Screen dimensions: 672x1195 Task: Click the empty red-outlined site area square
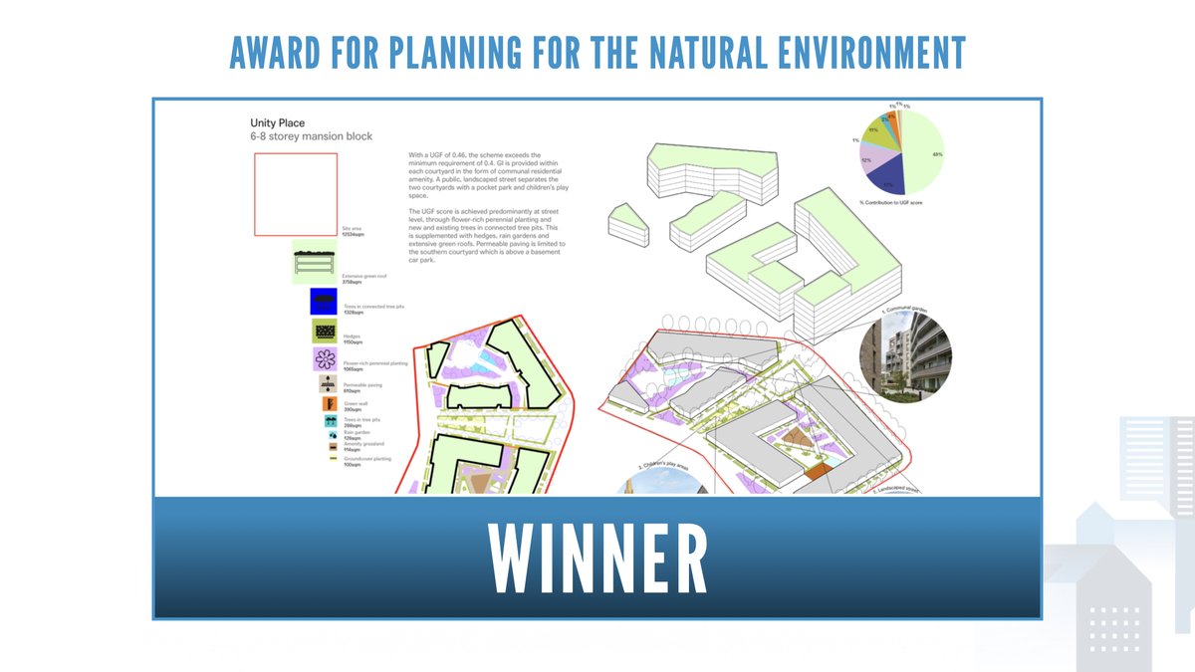click(x=295, y=194)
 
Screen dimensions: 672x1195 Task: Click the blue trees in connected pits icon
click(x=324, y=300)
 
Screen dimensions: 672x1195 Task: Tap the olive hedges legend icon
click(x=325, y=331)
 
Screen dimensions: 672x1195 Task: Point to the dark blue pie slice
click(x=886, y=178)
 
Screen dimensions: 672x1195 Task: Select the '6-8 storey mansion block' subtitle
click(x=311, y=136)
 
